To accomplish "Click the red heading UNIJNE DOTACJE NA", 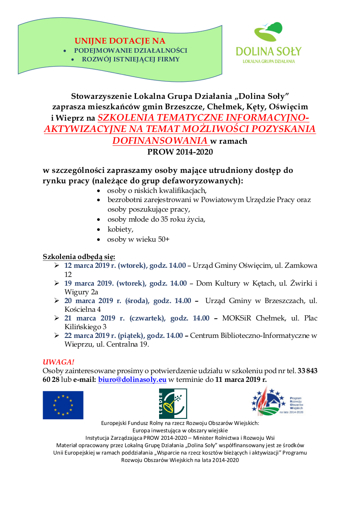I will tap(120, 41).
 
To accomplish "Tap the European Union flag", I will tap(63, 405).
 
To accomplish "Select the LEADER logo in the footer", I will tap(173, 404).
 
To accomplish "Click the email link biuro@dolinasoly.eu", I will tap(132, 379).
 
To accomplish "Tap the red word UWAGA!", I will tap(58, 362).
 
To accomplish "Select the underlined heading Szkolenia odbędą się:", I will tap(79, 256).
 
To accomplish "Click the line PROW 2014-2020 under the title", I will tap(180, 152).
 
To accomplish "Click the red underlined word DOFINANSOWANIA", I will tap(160, 141).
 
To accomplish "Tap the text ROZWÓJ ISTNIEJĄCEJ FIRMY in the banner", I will tap(131, 59).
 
